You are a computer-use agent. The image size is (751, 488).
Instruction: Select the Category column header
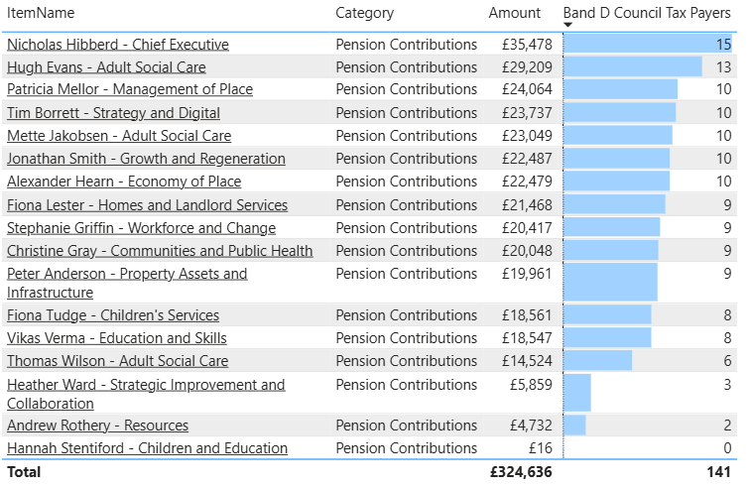coord(364,13)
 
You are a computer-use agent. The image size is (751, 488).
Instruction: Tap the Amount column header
coord(515,13)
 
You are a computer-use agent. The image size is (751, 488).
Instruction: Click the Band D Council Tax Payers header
coord(646,13)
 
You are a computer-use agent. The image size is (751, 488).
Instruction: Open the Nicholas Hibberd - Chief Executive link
coord(118,45)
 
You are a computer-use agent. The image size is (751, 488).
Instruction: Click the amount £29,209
coord(526,67)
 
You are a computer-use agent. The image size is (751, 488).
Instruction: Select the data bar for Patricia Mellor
coord(620,89)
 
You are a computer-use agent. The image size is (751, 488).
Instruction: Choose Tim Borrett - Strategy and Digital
coord(114,113)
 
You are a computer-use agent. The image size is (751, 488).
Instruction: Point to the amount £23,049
coord(526,136)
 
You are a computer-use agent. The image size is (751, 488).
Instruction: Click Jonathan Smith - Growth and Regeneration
coord(146,159)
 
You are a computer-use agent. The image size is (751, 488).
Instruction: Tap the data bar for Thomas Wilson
coord(597,361)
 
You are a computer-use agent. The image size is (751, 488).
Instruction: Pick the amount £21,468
coord(526,205)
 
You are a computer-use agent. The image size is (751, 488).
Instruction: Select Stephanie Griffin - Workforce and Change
coord(142,228)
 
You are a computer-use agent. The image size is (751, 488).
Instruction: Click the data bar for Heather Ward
coord(577,393)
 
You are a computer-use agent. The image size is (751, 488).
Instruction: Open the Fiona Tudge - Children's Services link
coord(113,315)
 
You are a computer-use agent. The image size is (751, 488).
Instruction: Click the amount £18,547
coord(526,338)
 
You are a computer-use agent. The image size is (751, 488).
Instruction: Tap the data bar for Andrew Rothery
coord(574,426)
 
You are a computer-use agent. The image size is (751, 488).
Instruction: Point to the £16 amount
coord(539,448)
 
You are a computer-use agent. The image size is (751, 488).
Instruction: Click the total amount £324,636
coord(521,472)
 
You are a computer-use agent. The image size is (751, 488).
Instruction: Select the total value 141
coord(718,472)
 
